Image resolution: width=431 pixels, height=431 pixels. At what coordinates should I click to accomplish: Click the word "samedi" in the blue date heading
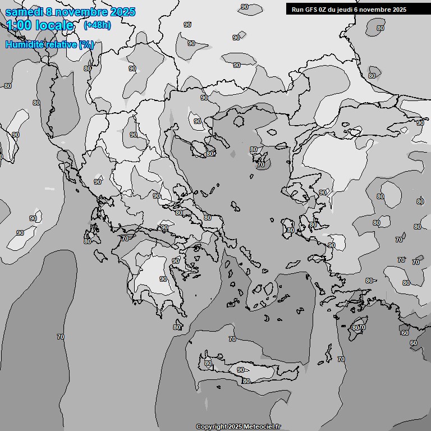pos(23,12)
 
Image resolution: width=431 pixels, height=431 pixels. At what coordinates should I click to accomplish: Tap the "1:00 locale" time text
pos(40,25)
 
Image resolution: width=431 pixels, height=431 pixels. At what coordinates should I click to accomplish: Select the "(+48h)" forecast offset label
pos(97,25)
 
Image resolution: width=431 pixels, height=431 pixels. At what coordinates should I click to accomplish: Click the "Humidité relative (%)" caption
pos(49,44)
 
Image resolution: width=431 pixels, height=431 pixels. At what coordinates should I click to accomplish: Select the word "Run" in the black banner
pos(297,9)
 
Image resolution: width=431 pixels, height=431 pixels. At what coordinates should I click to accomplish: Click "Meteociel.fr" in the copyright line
pos(262,427)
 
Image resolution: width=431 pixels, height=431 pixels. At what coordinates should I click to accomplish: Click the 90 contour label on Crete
pos(241,370)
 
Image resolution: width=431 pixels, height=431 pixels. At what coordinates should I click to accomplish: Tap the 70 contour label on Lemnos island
pos(260,165)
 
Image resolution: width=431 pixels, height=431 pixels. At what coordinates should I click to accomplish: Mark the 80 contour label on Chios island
pos(290,230)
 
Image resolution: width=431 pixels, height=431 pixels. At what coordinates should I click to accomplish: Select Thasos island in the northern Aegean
pos(239,121)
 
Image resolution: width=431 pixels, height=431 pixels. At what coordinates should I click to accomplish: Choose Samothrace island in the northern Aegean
pos(272,134)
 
